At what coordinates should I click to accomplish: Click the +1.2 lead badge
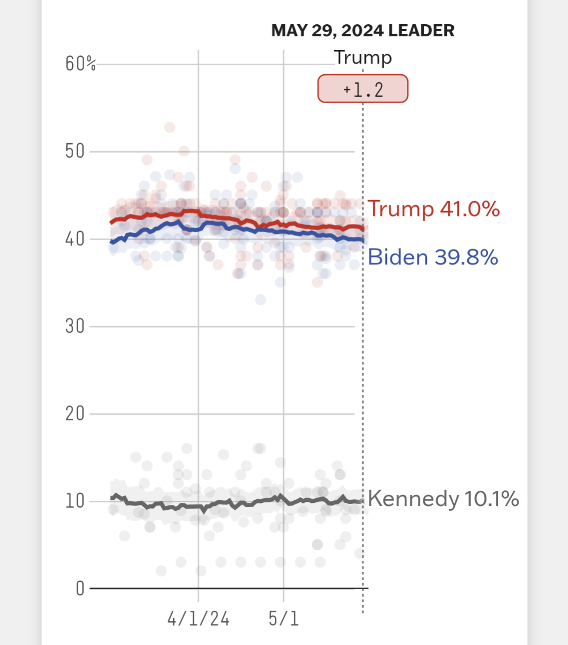pyautogui.click(x=363, y=89)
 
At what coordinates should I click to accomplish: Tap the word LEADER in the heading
pyautogui.click(x=421, y=31)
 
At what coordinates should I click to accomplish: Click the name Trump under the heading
pyautogui.click(x=363, y=57)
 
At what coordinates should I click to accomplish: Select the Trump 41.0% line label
pyautogui.click(x=433, y=209)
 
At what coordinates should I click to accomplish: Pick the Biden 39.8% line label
pyautogui.click(x=433, y=257)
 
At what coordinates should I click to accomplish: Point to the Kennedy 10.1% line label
pyautogui.click(x=443, y=499)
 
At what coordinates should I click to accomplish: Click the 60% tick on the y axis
pyautogui.click(x=81, y=64)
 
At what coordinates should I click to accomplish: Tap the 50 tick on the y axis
pyautogui.click(x=75, y=152)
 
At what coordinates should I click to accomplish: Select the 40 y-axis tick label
pyautogui.click(x=75, y=239)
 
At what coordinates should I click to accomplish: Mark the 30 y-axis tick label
pyautogui.click(x=75, y=326)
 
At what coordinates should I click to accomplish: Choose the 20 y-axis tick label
pyautogui.click(x=75, y=414)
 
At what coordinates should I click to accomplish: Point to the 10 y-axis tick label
pyautogui.click(x=75, y=501)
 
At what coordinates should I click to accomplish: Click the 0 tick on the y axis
pyautogui.click(x=80, y=588)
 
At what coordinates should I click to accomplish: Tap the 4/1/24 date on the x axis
pyautogui.click(x=198, y=619)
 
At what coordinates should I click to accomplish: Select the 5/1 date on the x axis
pyautogui.click(x=284, y=619)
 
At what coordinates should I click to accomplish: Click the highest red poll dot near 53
pyautogui.click(x=170, y=127)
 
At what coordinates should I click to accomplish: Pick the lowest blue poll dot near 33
pyautogui.click(x=261, y=300)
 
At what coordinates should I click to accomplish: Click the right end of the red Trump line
pyautogui.click(x=362, y=228)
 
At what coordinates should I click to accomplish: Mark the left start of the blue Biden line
pyautogui.click(x=111, y=243)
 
